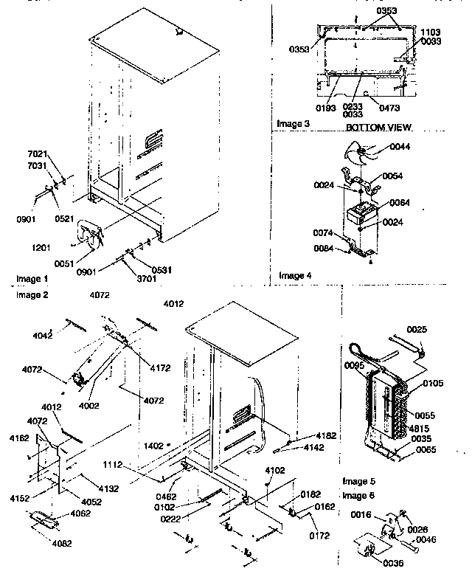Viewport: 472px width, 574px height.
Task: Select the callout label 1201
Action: coord(43,247)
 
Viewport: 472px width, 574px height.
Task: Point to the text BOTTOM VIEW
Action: coord(379,128)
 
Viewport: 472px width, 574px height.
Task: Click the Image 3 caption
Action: coord(293,123)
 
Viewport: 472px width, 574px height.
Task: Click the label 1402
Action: coord(153,446)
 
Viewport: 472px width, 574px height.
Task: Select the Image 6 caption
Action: coord(358,494)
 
